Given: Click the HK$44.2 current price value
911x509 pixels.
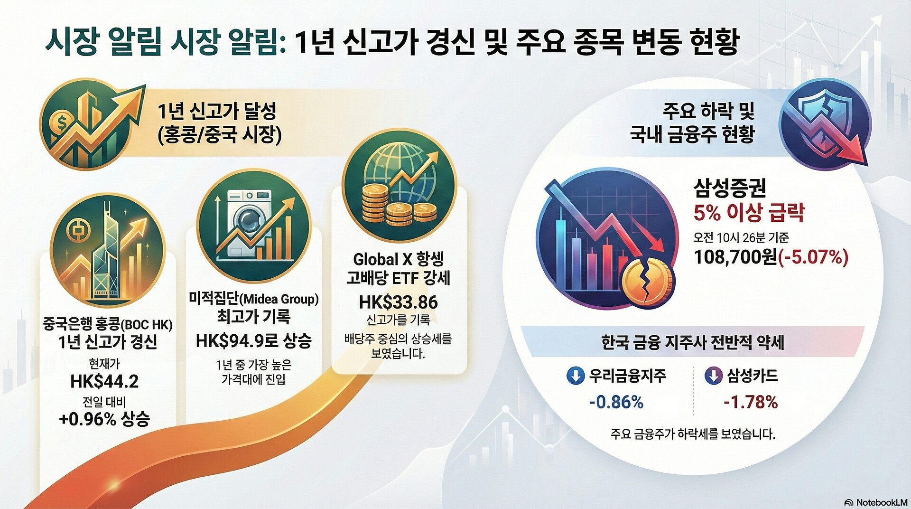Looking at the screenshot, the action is [x=104, y=381].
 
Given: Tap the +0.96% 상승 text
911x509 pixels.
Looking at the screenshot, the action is [x=104, y=419].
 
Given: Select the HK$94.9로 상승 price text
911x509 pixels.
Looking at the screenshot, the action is [x=253, y=340].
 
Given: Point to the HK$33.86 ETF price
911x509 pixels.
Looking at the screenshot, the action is [x=399, y=302].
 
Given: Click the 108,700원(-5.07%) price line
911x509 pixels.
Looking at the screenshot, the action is [x=771, y=257].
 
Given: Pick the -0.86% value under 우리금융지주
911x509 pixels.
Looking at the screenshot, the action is [x=616, y=402].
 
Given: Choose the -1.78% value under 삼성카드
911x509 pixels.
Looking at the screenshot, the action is [x=751, y=402].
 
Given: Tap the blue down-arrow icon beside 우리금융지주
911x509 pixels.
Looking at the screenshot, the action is [x=576, y=376].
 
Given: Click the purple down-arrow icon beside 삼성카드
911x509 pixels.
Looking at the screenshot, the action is [x=713, y=376].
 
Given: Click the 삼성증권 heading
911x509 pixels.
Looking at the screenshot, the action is [x=730, y=188].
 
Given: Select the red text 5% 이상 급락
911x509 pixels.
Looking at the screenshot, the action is [x=749, y=213].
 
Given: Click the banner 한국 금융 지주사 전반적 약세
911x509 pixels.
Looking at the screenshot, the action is [x=692, y=342].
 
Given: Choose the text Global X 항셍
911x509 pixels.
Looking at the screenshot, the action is [x=399, y=259].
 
